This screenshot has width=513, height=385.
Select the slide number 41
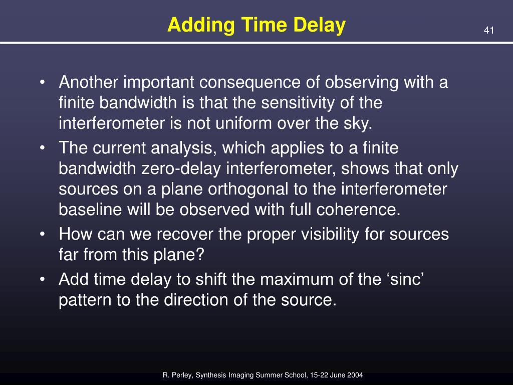pyautogui.click(x=489, y=31)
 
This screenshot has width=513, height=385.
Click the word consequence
pyautogui.click(x=249, y=82)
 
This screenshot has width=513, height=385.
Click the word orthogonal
pyautogui.click(x=248, y=189)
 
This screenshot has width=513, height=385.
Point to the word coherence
pyautogui.click(x=358, y=210)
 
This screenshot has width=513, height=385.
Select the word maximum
pyautogui.click(x=297, y=280)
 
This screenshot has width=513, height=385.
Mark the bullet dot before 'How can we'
pyautogui.click(x=42, y=235)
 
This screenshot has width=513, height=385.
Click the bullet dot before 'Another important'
pyautogui.click(x=42, y=82)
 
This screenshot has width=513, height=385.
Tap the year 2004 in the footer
pyautogui.click(x=355, y=375)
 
